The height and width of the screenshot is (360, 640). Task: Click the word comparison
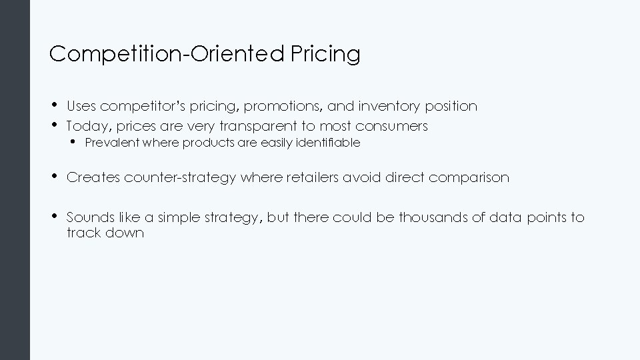click(469, 177)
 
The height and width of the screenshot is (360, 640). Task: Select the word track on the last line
click(81, 233)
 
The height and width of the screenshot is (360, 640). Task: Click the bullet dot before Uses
click(53, 105)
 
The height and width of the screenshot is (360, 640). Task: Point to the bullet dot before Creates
click(53, 177)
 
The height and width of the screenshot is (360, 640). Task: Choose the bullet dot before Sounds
click(53, 217)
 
